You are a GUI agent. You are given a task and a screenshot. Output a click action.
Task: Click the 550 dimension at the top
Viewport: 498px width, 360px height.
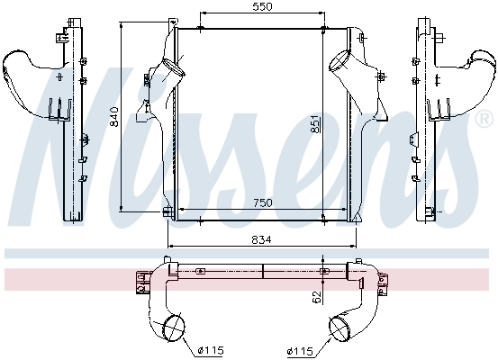(x=261, y=7)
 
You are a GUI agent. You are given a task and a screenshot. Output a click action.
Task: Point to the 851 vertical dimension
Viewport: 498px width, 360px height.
(x=313, y=122)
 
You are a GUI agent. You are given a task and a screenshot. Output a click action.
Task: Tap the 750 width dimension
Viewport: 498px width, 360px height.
(x=261, y=203)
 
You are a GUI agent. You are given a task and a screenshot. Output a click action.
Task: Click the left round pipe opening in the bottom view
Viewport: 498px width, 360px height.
(x=175, y=325)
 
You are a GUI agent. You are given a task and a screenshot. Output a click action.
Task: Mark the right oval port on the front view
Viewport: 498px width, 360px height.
(x=340, y=64)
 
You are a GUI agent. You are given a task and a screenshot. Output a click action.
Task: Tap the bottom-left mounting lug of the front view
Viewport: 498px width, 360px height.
(x=167, y=212)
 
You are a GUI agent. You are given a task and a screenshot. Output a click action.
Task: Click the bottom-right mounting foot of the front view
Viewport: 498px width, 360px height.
(x=355, y=216)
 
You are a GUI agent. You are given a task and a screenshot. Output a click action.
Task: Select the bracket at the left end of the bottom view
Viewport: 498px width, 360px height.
(x=141, y=282)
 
